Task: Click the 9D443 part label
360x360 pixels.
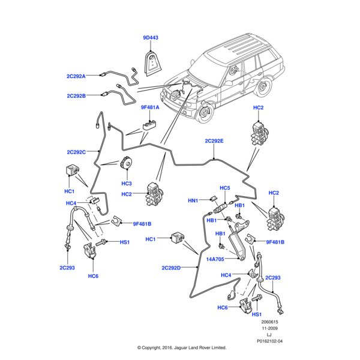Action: (151, 38)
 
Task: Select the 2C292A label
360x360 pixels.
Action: (76, 76)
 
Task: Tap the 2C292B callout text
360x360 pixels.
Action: (76, 95)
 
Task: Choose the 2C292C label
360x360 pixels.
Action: (76, 152)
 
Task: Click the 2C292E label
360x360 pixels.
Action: (214, 141)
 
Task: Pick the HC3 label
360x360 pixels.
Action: (126, 184)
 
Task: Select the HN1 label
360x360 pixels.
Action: (193, 200)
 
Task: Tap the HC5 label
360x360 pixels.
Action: (225, 188)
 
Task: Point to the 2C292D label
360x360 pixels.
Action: (171, 268)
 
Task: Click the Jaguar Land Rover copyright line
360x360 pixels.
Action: (181, 347)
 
